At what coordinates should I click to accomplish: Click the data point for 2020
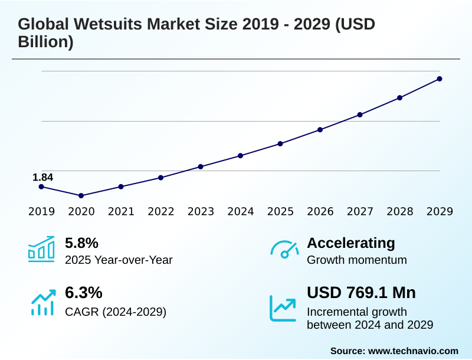pos(81,195)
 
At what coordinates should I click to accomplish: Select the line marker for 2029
pos(440,78)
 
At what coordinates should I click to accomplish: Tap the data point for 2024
pos(241,156)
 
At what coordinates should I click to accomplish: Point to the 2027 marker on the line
pos(360,114)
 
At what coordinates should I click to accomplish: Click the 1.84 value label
pos(42,177)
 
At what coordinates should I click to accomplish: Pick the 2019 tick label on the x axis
pos(41,211)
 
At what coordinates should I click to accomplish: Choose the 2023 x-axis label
pos(201,211)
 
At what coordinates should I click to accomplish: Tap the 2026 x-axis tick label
pos(320,211)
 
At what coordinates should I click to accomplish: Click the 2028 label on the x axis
pos(400,211)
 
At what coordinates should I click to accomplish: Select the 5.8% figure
pos(81,243)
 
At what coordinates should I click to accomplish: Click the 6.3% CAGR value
pos(83,293)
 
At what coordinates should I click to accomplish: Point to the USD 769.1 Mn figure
pos(361,293)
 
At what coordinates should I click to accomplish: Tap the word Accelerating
pos(351,243)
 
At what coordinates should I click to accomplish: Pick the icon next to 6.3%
pos(41,302)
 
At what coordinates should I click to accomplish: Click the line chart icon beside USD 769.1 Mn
pos(283,307)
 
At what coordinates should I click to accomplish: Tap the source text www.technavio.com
pos(413,351)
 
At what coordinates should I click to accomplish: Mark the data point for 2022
pos(160,178)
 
